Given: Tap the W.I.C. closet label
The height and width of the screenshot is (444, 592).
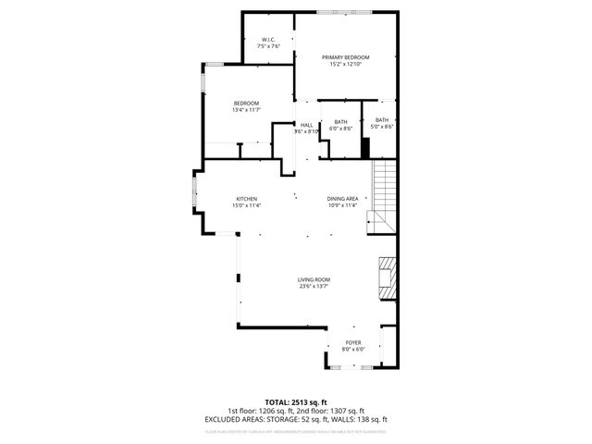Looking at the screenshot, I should point(268,40).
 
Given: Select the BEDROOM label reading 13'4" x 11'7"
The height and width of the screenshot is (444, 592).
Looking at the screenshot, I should point(246,103).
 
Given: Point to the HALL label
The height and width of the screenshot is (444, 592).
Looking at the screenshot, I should point(306,125).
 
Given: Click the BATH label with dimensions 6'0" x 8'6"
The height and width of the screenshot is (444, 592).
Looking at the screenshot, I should point(341,122).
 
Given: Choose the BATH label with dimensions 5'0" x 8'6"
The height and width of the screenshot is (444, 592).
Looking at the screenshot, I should point(382,119).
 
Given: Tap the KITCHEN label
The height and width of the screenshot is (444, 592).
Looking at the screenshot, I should point(246,199).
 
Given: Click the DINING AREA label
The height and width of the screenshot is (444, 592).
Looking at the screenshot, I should point(342,199).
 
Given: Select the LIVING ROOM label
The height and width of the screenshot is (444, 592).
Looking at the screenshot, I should point(314,279).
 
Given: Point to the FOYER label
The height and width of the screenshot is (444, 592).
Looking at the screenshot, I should point(353,342).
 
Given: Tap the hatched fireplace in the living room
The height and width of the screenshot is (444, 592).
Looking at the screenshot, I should point(388,277).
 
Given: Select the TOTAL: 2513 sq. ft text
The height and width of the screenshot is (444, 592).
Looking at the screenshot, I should point(295,401).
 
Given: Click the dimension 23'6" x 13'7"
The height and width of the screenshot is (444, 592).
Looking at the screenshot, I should point(314,286).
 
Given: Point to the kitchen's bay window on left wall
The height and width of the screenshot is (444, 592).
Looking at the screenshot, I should point(194,197).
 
